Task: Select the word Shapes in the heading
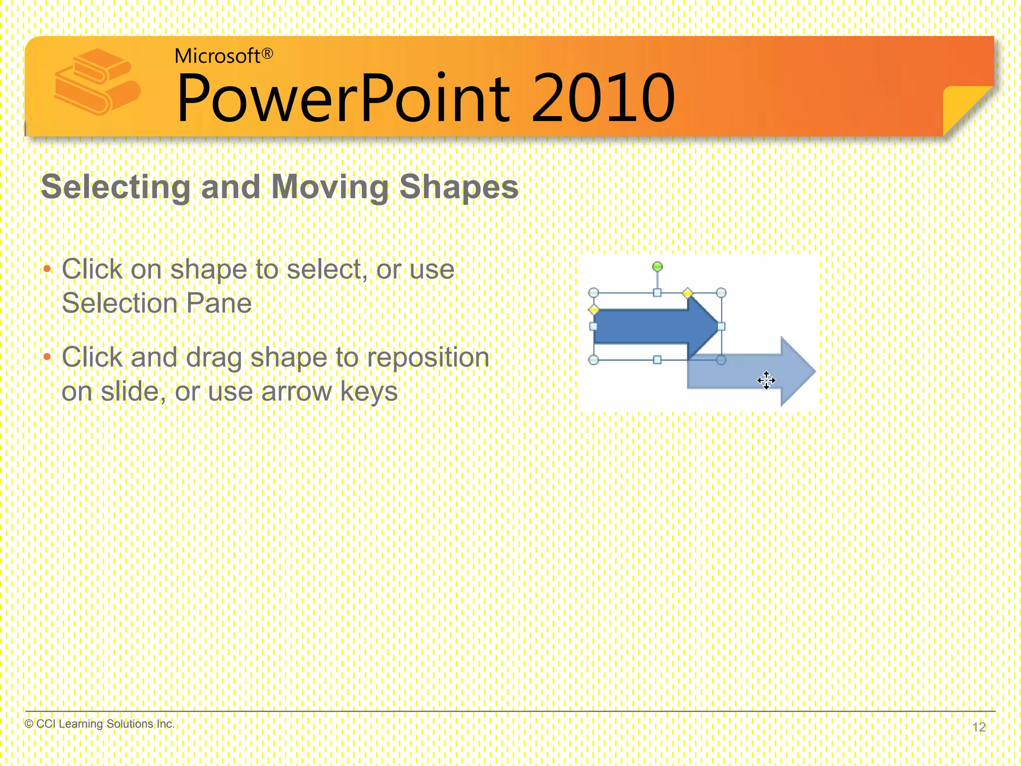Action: pyautogui.click(x=459, y=187)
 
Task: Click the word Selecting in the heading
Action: pyautogui.click(x=116, y=187)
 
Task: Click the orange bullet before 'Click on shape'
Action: pyautogui.click(x=47, y=270)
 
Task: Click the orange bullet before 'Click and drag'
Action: pyautogui.click(x=47, y=358)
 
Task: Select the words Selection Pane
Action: pyautogui.click(x=157, y=303)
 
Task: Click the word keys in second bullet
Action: pyautogui.click(x=369, y=391)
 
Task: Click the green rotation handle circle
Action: pyautogui.click(x=658, y=267)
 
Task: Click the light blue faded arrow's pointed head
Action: pyautogui.click(x=798, y=372)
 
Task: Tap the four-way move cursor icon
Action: pyautogui.click(x=766, y=381)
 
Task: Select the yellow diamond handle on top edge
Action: pyautogui.click(x=687, y=293)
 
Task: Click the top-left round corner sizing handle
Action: pyautogui.click(x=593, y=293)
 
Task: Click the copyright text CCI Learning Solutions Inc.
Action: pyautogui.click(x=100, y=724)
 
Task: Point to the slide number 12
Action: pyautogui.click(x=979, y=727)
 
